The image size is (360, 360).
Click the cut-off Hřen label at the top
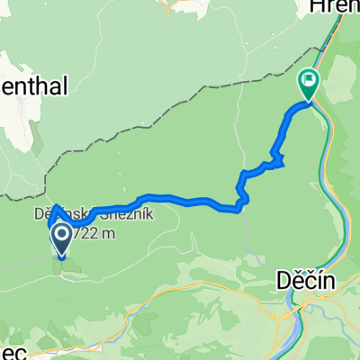point(334,7)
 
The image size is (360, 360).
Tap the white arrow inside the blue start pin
point(62,238)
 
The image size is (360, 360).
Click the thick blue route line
point(180,199)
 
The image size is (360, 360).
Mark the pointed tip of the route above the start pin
point(55,207)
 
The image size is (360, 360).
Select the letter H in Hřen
point(317,7)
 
